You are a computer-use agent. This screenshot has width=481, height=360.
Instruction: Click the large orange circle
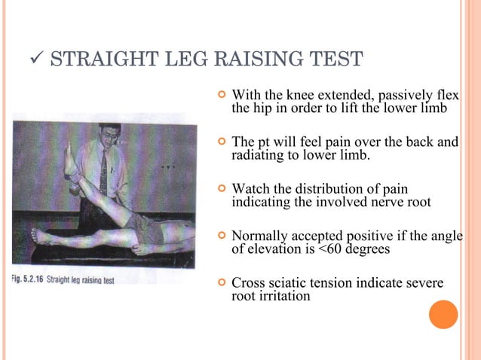coord(443,315)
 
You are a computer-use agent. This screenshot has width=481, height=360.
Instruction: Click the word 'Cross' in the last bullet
coord(248,283)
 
